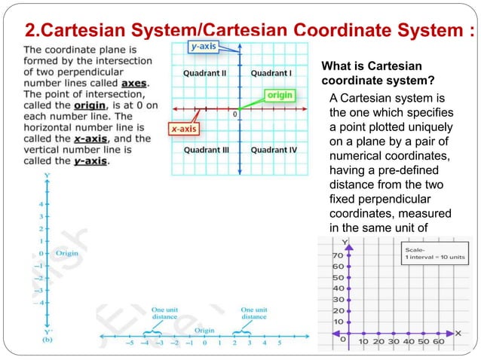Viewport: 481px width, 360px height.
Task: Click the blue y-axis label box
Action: [x=204, y=46]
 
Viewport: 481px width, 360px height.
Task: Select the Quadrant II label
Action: [x=204, y=73]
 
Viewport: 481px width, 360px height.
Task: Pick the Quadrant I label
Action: [x=271, y=73]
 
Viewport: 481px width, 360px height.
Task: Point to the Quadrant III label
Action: [x=205, y=150]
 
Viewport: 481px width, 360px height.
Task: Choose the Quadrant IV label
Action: [x=274, y=150]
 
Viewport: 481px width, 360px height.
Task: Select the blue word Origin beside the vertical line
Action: [x=67, y=254]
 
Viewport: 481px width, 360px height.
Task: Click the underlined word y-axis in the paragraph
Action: [x=88, y=160]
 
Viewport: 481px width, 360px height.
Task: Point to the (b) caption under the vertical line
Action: [x=48, y=340]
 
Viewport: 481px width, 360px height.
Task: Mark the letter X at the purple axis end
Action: [x=459, y=332]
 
